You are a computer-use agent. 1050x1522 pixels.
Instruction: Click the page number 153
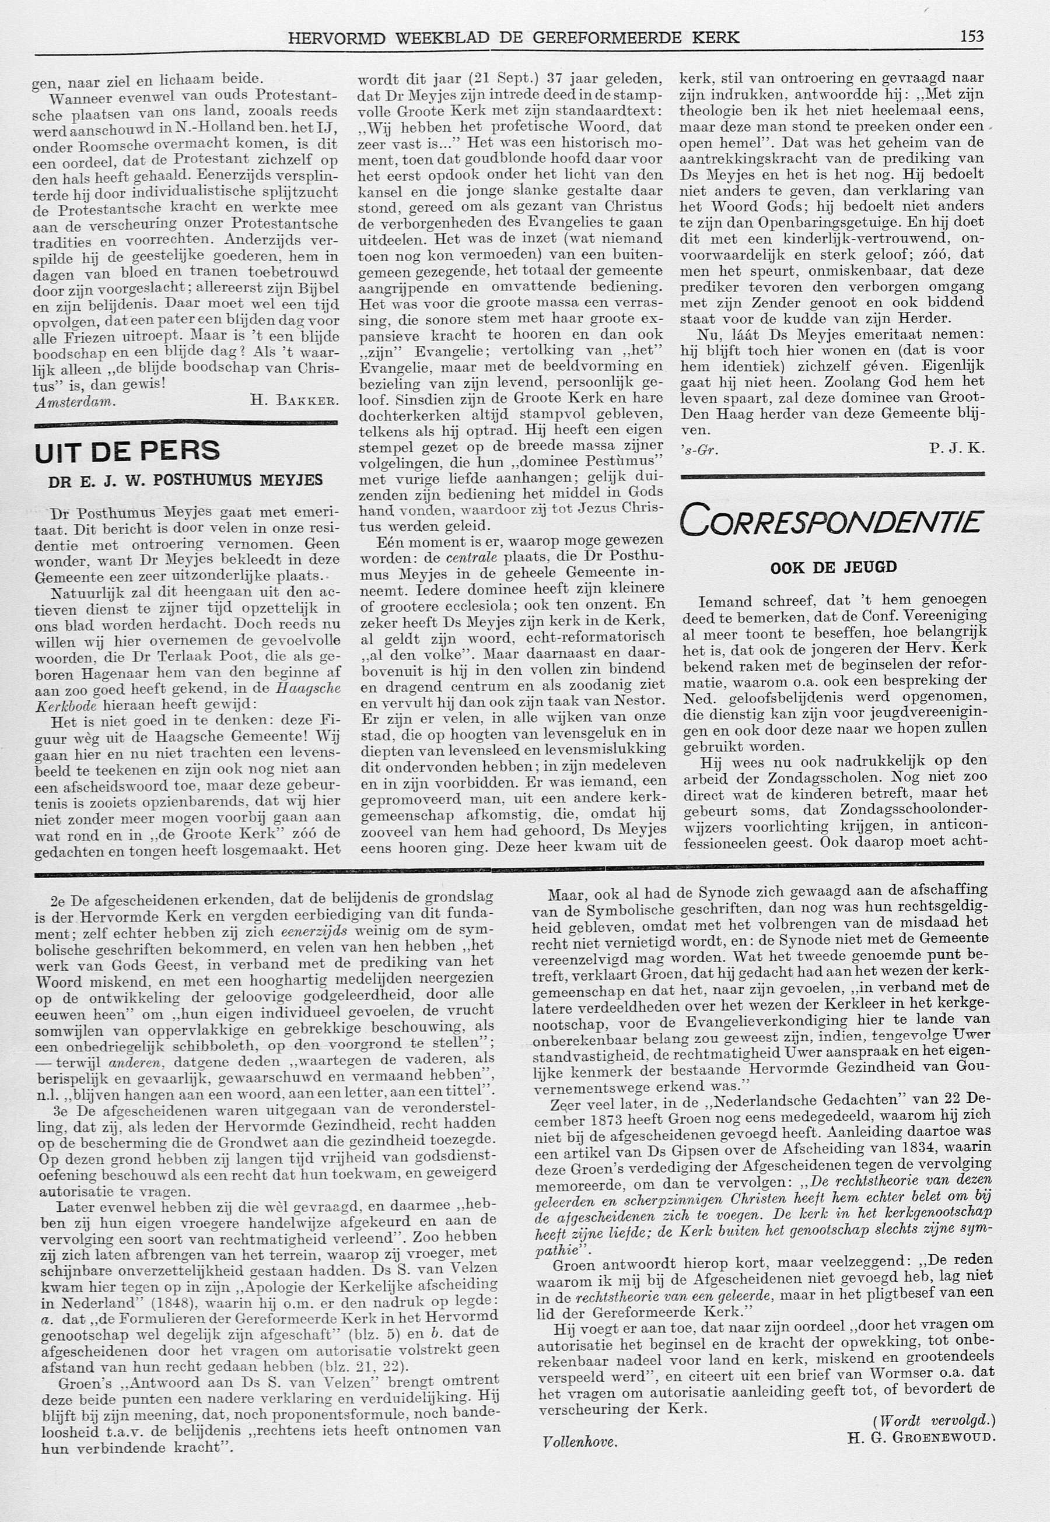[971, 36]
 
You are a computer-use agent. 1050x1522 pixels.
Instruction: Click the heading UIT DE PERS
[127, 451]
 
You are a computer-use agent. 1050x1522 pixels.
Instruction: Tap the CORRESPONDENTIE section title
[832, 520]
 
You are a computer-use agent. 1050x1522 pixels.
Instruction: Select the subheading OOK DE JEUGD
[834, 567]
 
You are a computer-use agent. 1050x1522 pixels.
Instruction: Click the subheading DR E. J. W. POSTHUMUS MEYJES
[185, 481]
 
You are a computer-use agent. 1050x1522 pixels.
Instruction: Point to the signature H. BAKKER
[294, 400]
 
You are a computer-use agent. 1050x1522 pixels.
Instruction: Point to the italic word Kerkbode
[63, 704]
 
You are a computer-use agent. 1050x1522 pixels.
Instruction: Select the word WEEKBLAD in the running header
[442, 37]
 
